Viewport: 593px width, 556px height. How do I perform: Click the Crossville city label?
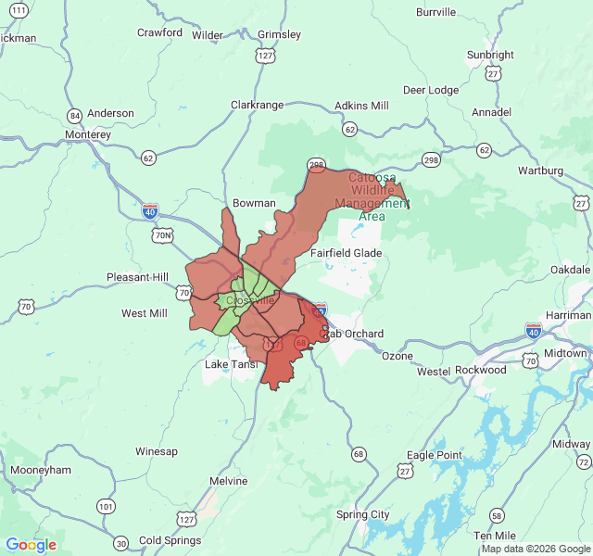coord(249,300)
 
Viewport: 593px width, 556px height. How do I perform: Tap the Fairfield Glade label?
coord(346,253)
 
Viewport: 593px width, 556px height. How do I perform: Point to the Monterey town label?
coord(88,134)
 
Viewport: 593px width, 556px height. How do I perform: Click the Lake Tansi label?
coord(231,365)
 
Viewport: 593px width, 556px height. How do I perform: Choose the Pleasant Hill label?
coord(137,277)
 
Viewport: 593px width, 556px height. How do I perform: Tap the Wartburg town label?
coord(540,171)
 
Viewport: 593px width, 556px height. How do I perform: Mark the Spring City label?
coord(362,514)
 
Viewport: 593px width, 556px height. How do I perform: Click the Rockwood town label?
coord(480,370)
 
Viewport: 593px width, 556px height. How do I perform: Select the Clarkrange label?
coord(257,105)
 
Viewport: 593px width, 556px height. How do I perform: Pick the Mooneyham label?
coord(40,470)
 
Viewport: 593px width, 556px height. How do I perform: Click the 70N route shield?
coord(163,235)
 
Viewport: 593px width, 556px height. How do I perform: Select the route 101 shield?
coord(106,507)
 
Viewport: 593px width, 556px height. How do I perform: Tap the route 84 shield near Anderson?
coord(74,116)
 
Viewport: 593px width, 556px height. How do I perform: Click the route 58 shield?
coord(498,515)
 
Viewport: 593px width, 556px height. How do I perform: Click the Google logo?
coord(31,545)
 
